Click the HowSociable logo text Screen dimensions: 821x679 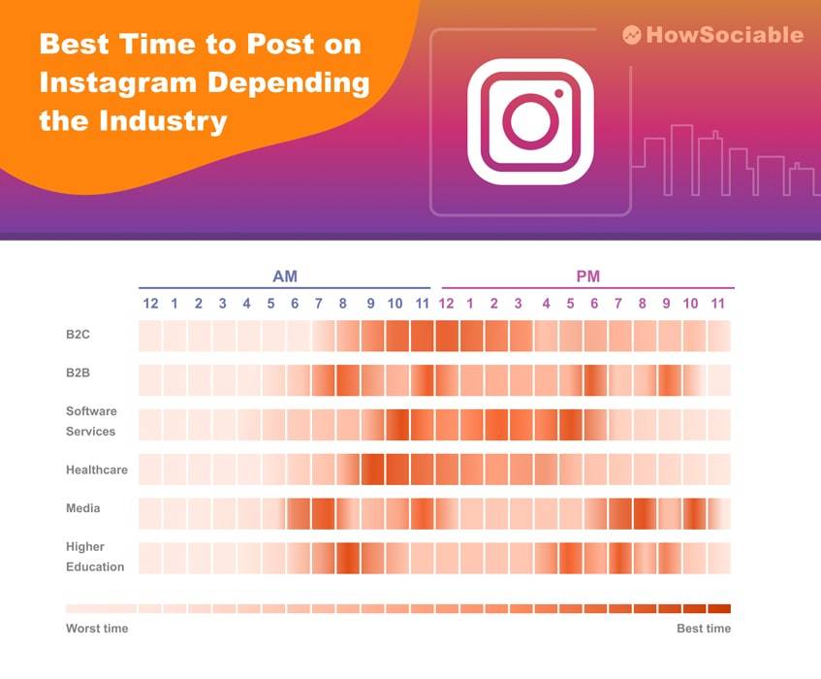725,35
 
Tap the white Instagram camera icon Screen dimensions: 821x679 530,121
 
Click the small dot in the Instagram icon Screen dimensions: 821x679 558,94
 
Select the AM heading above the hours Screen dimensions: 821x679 285,276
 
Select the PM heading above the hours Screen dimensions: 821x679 588,276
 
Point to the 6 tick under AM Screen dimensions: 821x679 295,304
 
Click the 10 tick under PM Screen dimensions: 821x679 690,304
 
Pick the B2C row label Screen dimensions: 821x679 78,335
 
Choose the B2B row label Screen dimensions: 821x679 78,372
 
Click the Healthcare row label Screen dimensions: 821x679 97,469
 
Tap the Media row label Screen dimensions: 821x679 82,507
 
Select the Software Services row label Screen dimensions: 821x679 91,421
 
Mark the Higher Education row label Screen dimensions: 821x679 95,557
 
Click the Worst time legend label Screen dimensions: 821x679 97,629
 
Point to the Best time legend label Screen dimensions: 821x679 704,629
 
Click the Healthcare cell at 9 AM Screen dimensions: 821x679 372,469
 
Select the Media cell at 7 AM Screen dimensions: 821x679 323,513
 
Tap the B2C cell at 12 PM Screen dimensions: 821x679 447,336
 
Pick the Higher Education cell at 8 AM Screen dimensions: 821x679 348,558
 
